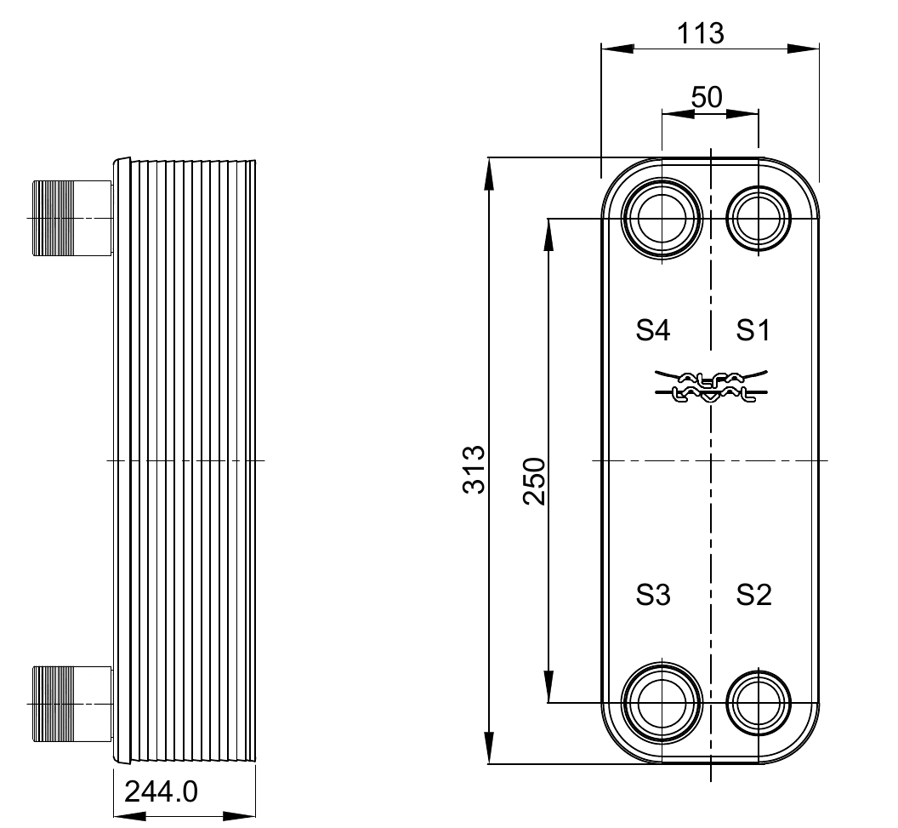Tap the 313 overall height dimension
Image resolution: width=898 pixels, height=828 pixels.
point(474,469)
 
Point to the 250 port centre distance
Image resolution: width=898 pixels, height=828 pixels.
point(534,482)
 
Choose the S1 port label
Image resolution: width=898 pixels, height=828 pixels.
point(753,329)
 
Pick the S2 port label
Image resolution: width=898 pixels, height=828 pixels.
point(753,594)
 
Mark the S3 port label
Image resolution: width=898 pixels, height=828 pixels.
point(653,594)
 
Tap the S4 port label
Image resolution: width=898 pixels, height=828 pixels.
point(653,329)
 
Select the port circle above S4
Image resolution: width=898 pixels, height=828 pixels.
point(662,219)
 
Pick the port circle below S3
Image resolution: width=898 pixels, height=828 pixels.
point(662,702)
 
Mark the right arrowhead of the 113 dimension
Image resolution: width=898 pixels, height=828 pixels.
point(808,48)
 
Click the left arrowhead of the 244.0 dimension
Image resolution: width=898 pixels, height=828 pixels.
point(124,816)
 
